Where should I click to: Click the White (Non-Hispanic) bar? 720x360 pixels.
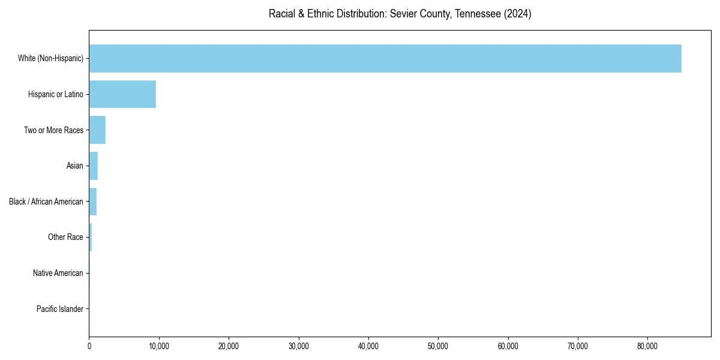(385, 58)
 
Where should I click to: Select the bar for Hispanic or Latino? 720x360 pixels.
(122, 94)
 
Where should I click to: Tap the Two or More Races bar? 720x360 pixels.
(97, 130)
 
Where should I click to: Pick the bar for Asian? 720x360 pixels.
(93, 166)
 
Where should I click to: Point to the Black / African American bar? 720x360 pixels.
(92, 202)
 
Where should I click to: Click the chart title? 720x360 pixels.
(400, 14)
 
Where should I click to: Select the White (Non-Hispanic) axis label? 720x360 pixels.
(50, 58)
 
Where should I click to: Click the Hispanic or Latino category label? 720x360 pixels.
(56, 94)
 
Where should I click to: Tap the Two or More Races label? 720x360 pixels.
(53, 130)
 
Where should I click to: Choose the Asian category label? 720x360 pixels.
(75, 166)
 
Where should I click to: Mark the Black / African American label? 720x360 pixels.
(46, 202)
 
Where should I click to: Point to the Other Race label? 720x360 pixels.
(65, 238)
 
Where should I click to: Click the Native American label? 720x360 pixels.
(58, 273)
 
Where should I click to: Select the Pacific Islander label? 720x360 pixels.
(60, 309)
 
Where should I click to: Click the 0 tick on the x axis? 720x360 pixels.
(89, 346)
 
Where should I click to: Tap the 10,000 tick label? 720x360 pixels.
(158, 346)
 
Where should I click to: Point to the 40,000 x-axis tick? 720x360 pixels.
(368, 346)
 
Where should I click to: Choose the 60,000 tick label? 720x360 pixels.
(508, 346)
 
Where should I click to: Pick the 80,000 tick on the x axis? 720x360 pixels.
(647, 346)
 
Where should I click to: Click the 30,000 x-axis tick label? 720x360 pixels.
(298, 346)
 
